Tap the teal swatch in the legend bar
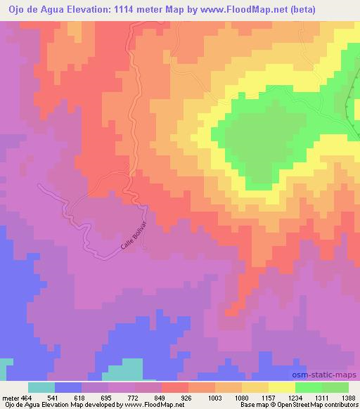41,388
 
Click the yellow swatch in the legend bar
282,388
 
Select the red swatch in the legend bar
175,388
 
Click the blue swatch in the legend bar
68,388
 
